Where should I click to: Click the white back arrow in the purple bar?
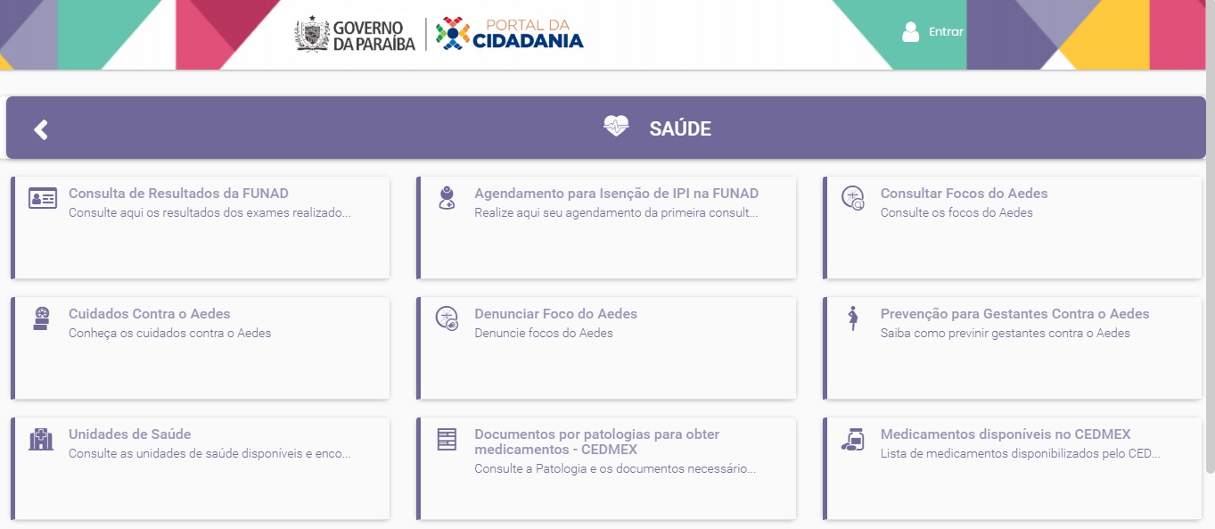click(x=41, y=129)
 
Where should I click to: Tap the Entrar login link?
click(x=946, y=31)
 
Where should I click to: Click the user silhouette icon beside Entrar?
click(x=911, y=32)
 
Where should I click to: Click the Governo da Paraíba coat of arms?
click(x=312, y=34)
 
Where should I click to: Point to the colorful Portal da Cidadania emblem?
click(x=452, y=33)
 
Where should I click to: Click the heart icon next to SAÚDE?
click(x=616, y=126)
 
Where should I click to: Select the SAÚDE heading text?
click(x=680, y=129)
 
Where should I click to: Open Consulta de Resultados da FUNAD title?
click(x=178, y=194)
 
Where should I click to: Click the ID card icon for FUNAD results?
click(x=43, y=199)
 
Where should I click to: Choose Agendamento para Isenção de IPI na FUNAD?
click(x=616, y=194)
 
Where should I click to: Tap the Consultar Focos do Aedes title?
click(x=964, y=194)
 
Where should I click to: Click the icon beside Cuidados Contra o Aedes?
click(x=41, y=318)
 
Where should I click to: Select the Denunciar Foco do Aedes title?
click(x=555, y=314)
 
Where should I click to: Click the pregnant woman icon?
click(x=853, y=318)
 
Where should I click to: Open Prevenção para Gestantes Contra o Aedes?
click(x=1014, y=314)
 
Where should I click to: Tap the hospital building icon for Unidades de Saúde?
click(x=41, y=439)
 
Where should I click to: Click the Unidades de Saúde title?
click(x=129, y=434)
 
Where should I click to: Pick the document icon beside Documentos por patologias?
click(x=447, y=440)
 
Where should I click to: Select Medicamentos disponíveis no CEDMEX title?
click(x=1006, y=434)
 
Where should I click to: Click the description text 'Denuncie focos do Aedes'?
click(x=544, y=333)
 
